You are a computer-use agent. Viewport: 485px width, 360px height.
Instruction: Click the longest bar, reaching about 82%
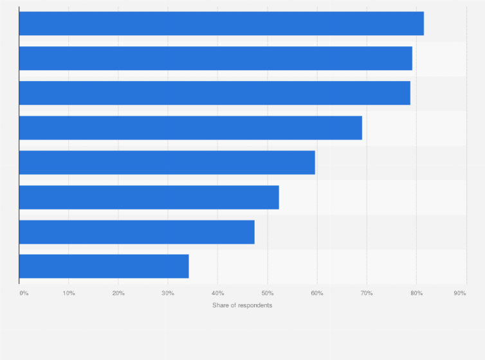[221, 23]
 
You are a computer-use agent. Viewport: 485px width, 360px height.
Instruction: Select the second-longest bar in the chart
[215, 58]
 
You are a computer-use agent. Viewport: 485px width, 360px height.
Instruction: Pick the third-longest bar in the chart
[214, 93]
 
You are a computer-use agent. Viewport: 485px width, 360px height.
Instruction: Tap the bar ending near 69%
[190, 127]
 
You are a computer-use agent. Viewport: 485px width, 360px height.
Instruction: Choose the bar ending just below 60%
[167, 162]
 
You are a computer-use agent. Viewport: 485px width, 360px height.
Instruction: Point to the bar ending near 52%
[149, 197]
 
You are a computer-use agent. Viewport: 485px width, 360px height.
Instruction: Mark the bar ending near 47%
[136, 231]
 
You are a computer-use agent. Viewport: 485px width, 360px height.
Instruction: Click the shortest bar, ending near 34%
[104, 266]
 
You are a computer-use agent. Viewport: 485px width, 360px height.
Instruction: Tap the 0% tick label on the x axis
[24, 293]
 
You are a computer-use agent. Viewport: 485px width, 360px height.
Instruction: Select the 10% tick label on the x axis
[69, 293]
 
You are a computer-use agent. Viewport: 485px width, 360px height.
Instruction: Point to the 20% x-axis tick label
[118, 293]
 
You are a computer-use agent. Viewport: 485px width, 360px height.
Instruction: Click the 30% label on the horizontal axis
[168, 293]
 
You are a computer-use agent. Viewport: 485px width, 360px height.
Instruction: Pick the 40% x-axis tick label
[217, 293]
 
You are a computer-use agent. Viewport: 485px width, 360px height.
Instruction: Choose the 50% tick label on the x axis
[267, 293]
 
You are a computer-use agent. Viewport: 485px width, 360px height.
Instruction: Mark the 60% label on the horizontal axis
[316, 293]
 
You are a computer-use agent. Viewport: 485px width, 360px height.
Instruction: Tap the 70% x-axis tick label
[366, 293]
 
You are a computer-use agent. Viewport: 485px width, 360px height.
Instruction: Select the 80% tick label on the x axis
[416, 293]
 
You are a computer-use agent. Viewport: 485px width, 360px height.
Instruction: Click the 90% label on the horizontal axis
[460, 293]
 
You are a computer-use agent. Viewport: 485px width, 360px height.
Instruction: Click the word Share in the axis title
[221, 305]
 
